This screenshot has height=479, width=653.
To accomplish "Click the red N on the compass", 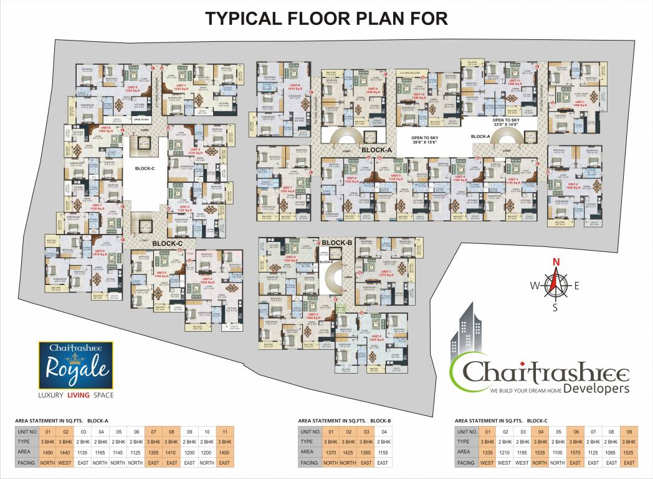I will [x=557, y=262].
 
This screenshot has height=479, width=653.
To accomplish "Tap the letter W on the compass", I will [x=534, y=286].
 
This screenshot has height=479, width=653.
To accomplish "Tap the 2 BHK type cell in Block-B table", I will [x=383, y=441].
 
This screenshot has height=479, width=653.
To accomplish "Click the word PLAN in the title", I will [x=356, y=18].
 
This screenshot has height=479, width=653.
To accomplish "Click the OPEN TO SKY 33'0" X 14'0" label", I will [x=505, y=122].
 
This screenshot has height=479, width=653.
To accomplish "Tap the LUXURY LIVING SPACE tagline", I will [x=75, y=394].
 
